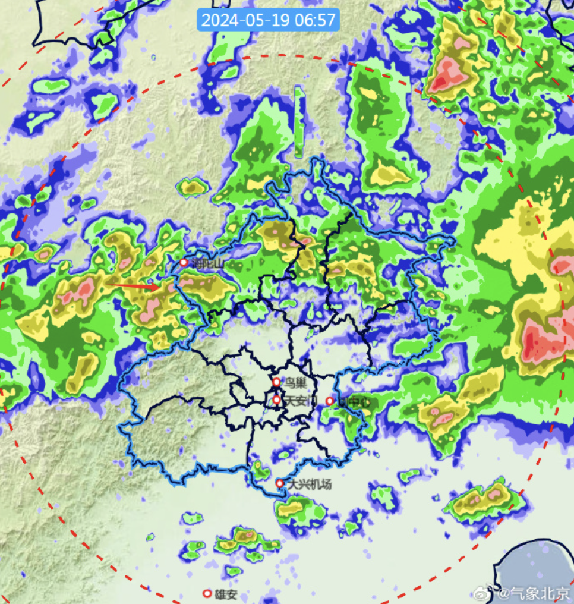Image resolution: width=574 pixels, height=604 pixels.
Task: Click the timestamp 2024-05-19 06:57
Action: click(x=269, y=20)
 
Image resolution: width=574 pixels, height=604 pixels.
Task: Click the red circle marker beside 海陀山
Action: click(x=184, y=262)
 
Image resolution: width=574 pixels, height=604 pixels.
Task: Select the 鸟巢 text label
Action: click(x=295, y=382)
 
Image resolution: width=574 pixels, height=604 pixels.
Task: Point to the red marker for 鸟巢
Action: click(x=276, y=382)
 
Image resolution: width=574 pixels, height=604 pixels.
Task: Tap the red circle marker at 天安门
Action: click(x=276, y=400)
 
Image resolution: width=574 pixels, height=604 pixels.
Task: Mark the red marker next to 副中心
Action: click(x=330, y=401)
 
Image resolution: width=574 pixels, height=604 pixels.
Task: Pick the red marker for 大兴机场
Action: click(x=280, y=483)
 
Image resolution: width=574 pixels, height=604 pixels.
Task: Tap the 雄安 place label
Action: click(x=226, y=594)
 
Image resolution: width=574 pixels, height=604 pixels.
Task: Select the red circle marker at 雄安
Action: click(x=207, y=593)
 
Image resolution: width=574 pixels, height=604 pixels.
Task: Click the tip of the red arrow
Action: click(x=160, y=287)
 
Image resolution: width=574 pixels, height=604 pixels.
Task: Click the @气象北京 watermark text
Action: click(x=535, y=592)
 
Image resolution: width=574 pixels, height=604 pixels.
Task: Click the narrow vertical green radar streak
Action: click(x=299, y=122)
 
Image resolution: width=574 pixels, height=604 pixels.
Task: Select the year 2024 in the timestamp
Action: click(x=219, y=20)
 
